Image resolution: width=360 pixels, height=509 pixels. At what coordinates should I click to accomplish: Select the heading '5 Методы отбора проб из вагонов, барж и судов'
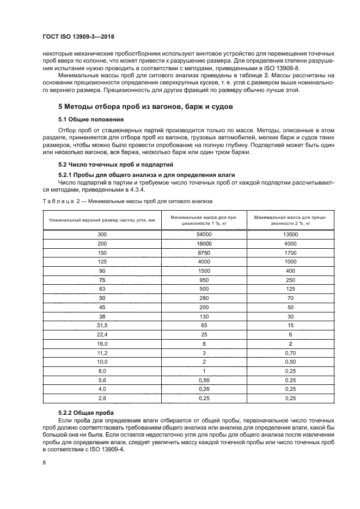pyautogui.click(x=145, y=107)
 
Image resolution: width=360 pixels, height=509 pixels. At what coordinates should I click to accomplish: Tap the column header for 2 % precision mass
pyautogui.click(x=290, y=219)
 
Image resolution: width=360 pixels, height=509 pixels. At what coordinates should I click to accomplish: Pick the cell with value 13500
pyautogui.click(x=290, y=234)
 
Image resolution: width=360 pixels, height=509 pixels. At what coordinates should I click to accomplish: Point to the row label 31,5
pyautogui.click(x=102, y=325)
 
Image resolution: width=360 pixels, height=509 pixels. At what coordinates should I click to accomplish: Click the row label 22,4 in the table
pyautogui.click(x=102, y=334)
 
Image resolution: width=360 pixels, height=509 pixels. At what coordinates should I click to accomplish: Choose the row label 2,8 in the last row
pyautogui.click(x=102, y=398)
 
